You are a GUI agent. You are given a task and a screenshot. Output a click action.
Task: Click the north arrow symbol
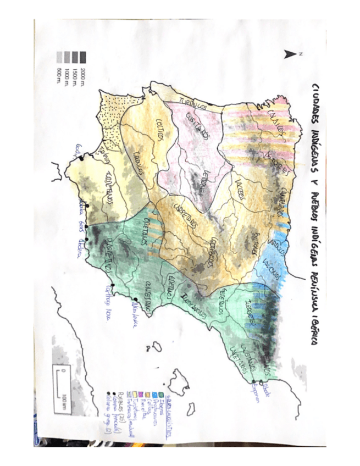[288, 54]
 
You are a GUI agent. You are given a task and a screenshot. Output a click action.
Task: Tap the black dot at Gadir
[81, 158]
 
